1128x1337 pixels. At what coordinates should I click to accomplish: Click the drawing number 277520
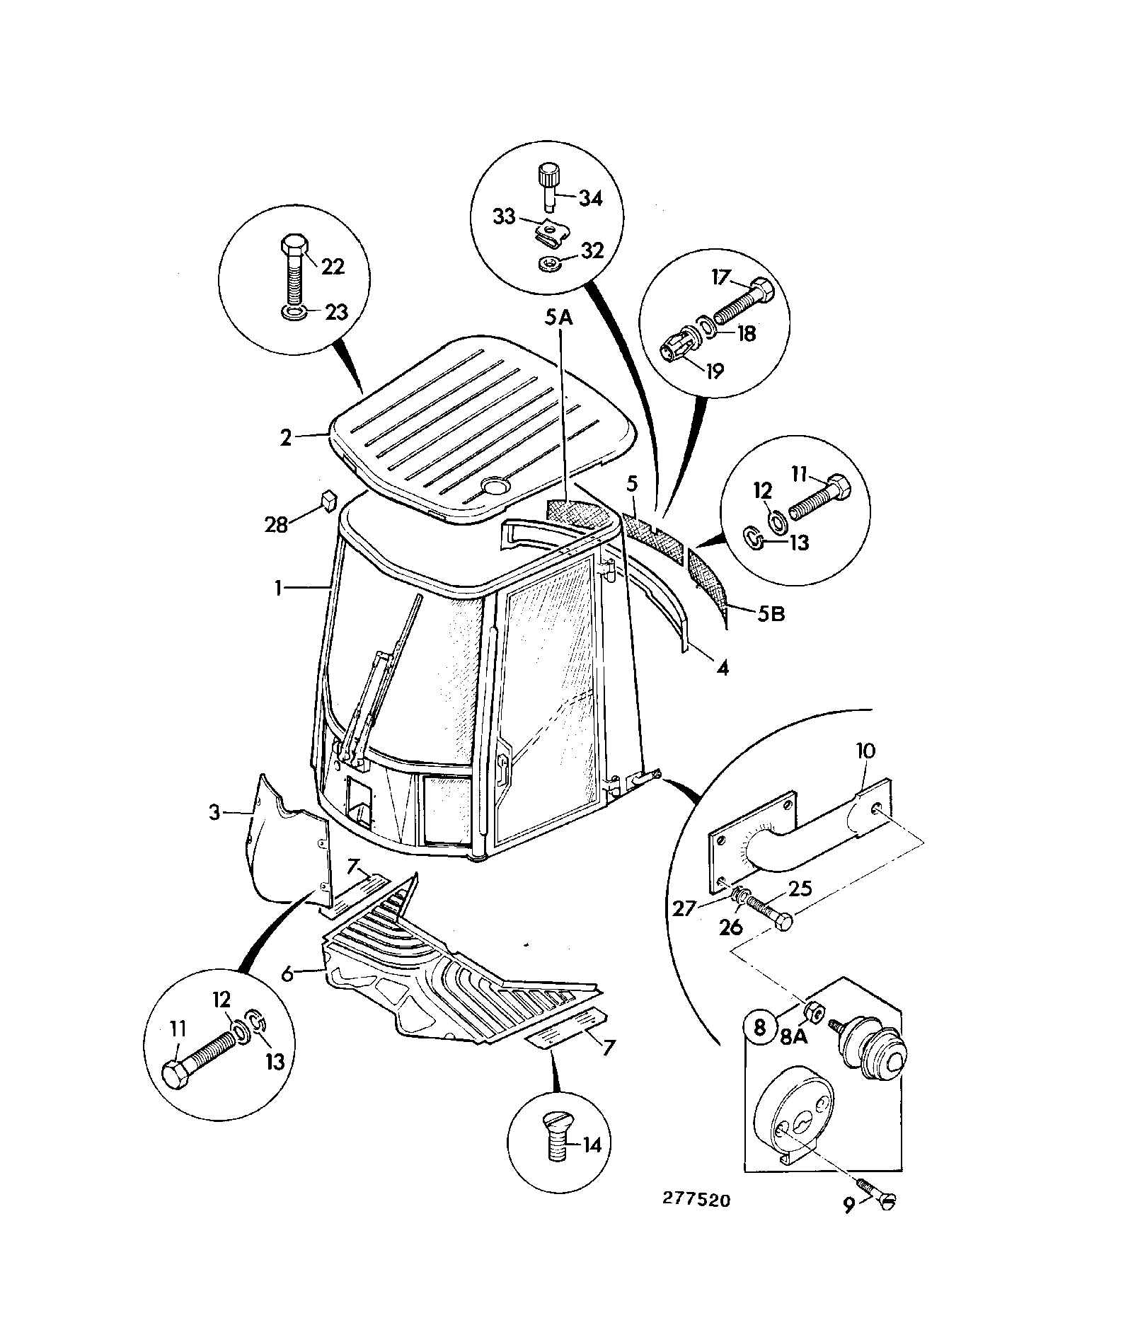[696, 1200]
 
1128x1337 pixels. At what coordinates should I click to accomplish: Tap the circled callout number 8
[760, 1027]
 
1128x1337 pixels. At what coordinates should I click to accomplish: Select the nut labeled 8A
[814, 1014]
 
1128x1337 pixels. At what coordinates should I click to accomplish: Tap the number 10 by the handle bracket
[865, 751]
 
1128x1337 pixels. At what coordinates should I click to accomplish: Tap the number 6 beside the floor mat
[287, 974]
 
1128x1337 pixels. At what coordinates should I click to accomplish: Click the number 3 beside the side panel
[215, 813]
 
